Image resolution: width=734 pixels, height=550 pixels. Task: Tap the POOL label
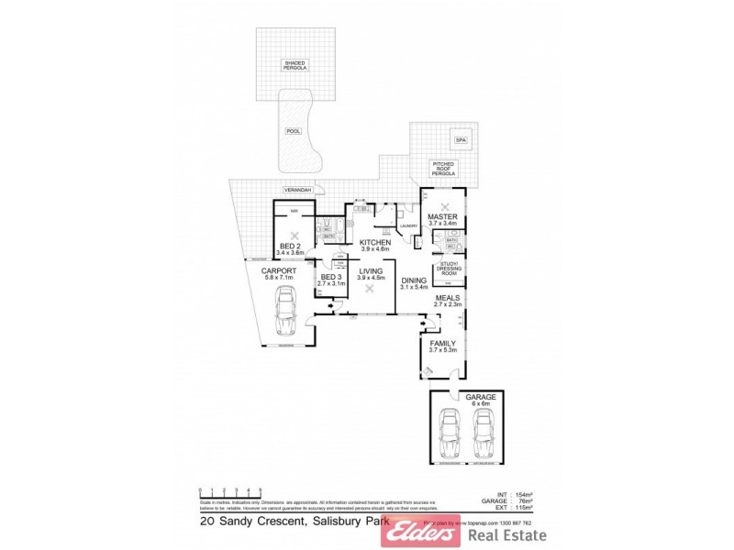294,131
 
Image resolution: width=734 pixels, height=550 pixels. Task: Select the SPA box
461,140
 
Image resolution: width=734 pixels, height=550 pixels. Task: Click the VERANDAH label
296,190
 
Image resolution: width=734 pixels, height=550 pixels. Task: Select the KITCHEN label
375,245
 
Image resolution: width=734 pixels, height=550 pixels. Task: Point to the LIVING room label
370,273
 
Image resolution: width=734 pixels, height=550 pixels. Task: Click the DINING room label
414,282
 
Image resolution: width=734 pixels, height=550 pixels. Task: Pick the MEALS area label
448,299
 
